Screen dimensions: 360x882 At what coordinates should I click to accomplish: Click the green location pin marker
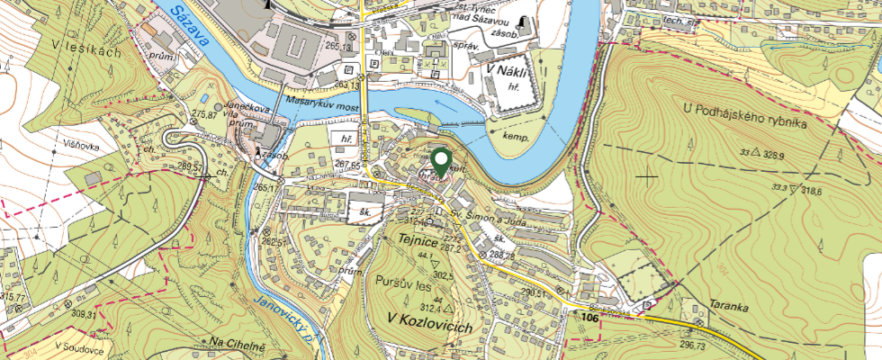441,162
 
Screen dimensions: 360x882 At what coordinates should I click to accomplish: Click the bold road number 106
590,318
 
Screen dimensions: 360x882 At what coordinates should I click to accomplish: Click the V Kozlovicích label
429,327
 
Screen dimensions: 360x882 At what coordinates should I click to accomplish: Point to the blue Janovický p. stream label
284,320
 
